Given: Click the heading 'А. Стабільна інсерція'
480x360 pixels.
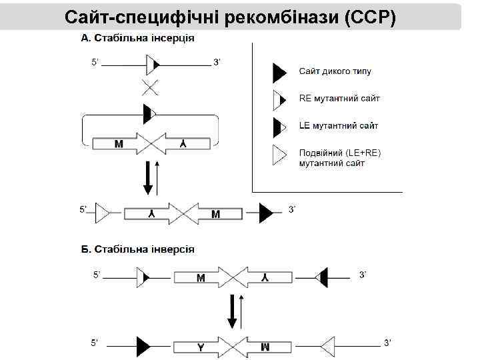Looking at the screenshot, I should coord(137,38).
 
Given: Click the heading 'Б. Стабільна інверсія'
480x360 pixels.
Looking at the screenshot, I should coord(137,249).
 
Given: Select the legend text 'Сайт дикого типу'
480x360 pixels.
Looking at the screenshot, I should coord(335,71).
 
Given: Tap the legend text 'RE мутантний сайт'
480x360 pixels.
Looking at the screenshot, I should coord(339,99).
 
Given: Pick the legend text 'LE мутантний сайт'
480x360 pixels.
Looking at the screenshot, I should coord(339,125).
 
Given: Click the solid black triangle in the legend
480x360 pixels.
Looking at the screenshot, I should coord(280,71).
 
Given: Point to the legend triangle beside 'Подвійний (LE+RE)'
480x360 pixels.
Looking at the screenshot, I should coord(280,155).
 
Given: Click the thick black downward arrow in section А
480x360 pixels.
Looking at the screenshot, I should coord(147,179).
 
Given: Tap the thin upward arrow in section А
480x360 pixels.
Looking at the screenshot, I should coord(157,177).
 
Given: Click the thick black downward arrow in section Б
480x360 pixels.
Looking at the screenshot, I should coord(232,311).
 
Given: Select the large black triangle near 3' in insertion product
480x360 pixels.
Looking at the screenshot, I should coord(266,213).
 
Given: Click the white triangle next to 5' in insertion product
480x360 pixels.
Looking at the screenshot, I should coord(104,213).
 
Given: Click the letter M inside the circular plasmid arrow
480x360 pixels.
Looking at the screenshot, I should coord(119,143).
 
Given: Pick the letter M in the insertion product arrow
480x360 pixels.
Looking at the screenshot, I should coord(215,214).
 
